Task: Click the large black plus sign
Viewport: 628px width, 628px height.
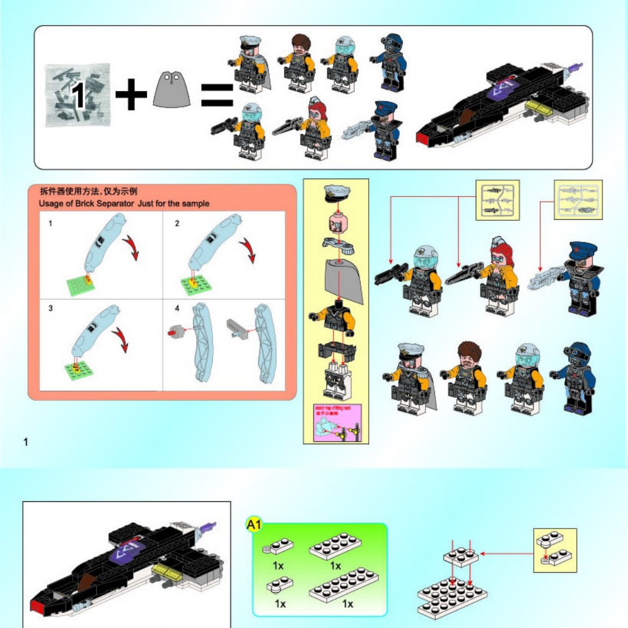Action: (131, 95)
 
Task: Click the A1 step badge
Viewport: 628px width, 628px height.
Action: (254, 525)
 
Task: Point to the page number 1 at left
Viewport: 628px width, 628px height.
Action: (26, 443)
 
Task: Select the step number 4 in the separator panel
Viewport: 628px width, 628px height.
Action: (177, 308)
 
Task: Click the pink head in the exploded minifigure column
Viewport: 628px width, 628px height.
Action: (336, 222)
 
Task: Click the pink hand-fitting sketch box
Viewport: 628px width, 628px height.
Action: (337, 423)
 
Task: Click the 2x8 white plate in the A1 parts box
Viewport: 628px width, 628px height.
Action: (344, 584)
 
